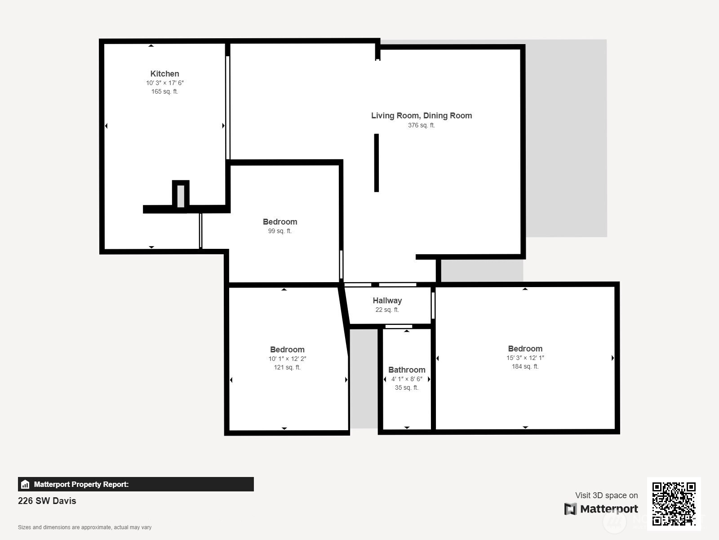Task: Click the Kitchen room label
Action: click(164, 74)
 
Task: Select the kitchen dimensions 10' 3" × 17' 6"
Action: click(165, 83)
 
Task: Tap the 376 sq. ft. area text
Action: click(421, 125)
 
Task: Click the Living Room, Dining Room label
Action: click(421, 115)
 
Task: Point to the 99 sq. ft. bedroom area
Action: click(280, 231)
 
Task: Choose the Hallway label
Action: click(387, 301)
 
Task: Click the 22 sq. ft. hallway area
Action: click(387, 310)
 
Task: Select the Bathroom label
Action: click(407, 370)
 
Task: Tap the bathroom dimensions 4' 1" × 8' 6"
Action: click(407, 379)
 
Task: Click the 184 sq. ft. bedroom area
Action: click(525, 367)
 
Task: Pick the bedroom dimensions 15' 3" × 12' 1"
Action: click(525, 358)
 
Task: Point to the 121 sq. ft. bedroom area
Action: click(287, 368)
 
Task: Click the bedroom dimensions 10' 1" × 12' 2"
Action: click(287, 359)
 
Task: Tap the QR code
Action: click(674, 504)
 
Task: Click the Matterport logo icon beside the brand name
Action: click(570, 509)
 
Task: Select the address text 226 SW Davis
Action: click(47, 501)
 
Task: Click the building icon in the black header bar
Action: click(25, 484)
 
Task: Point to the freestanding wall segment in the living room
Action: click(377, 163)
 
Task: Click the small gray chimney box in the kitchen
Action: click(181, 196)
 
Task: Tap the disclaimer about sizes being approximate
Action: click(84, 527)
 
